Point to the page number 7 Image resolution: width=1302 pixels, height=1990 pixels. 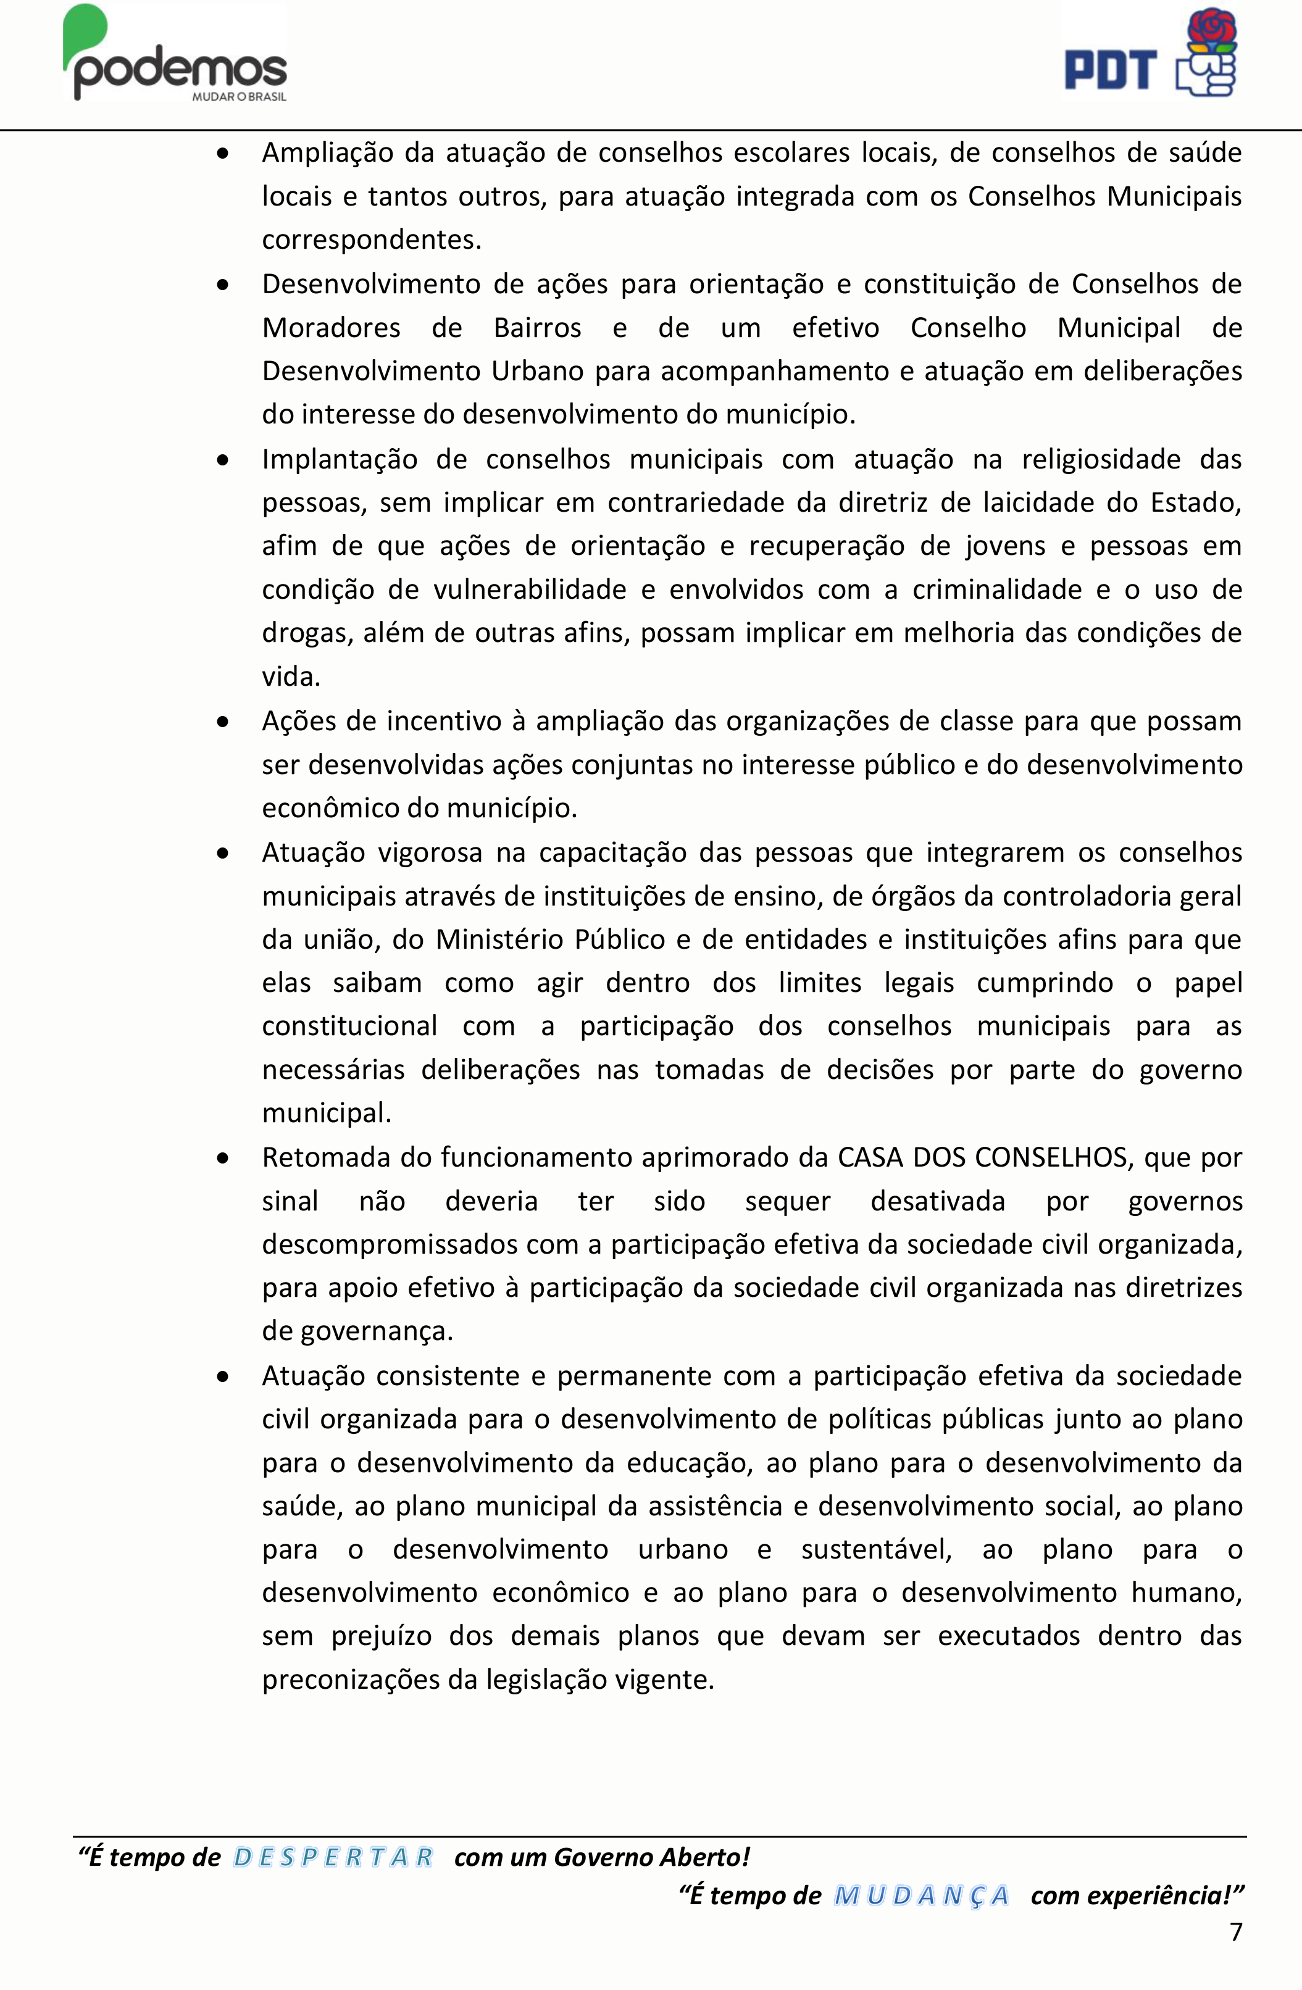(1235, 1931)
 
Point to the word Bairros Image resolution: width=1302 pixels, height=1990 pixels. (537, 328)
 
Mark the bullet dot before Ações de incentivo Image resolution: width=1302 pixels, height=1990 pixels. (222, 722)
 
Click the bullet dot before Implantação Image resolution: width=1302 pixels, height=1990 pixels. (222, 460)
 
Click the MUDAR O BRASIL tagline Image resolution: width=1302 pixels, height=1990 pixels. (239, 97)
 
